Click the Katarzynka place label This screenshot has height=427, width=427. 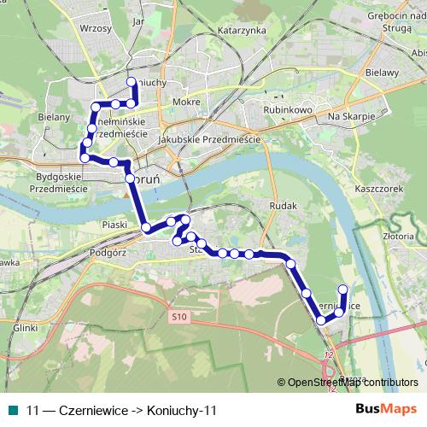[x=243, y=30]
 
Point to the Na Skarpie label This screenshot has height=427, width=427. [x=352, y=115]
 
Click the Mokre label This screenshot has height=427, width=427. [x=185, y=102]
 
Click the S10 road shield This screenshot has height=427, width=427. [x=178, y=317]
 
